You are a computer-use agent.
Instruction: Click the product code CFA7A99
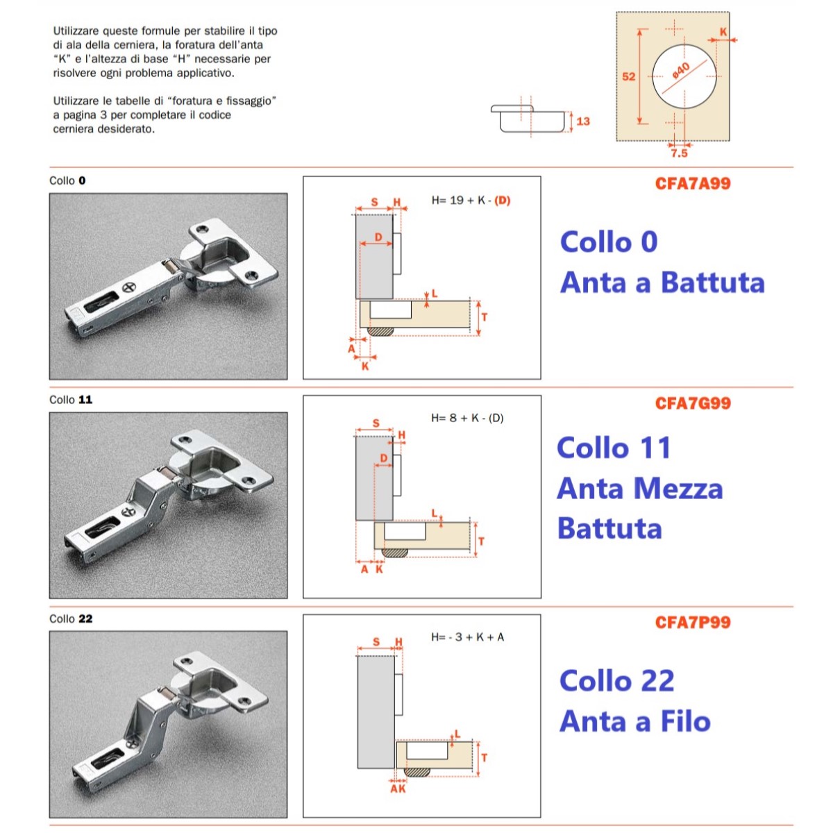tap(693, 183)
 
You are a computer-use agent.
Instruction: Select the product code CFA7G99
tap(693, 403)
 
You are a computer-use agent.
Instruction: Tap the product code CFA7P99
tap(693, 622)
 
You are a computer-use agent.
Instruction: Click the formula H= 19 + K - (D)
tap(471, 201)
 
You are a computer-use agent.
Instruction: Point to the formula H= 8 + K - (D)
tap(467, 418)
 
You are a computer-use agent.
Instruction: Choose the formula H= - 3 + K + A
tap(467, 637)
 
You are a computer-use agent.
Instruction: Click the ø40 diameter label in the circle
tap(681, 71)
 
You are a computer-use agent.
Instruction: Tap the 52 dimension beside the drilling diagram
tap(628, 76)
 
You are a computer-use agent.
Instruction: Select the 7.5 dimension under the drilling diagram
tap(679, 153)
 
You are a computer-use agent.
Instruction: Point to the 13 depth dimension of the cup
tap(583, 121)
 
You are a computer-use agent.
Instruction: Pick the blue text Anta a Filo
tap(635, 721)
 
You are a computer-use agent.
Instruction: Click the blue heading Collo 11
tap(614, 448)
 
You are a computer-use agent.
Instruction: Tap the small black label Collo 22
tap(71, 619)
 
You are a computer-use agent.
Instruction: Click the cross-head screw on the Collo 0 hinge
tap(129, 287)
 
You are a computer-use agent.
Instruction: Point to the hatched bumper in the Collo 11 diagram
tap(395, 553)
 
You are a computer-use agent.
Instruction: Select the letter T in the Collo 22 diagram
tap(484, 757)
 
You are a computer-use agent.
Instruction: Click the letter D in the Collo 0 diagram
tap(378, 237)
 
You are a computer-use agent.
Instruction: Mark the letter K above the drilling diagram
tap(723, 31)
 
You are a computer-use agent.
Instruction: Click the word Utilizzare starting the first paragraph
tap(77, 31)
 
